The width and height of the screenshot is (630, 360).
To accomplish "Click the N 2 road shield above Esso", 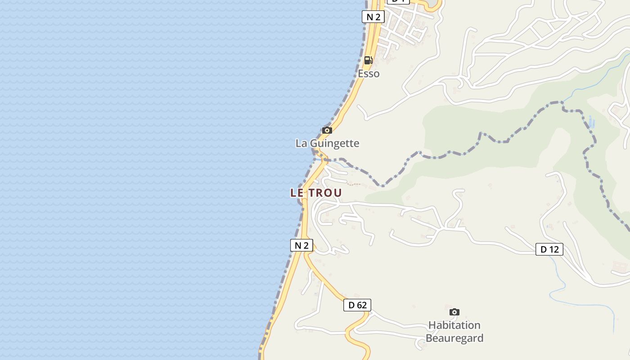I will [x=373, y=17].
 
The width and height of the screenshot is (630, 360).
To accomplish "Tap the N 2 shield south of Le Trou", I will [x=301, y=245].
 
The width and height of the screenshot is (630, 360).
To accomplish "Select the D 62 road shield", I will [x=357, y=305].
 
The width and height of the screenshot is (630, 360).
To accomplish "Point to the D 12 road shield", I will [x=549, y=249].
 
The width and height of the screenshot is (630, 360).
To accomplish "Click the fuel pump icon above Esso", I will [x=368, y=60].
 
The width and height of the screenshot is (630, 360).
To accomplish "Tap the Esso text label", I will [x=369, y=73].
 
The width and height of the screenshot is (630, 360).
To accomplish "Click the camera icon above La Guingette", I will [x=327, y=130].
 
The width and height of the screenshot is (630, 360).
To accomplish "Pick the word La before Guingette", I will [x=301, y=144].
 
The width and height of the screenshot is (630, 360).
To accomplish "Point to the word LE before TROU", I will [x=298, y=193].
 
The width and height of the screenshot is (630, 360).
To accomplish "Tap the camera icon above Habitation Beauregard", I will [x=454, y=312].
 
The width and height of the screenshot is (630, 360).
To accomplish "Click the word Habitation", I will [x=454, y=325].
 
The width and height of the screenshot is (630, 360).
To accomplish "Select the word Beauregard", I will [x=454, y=338].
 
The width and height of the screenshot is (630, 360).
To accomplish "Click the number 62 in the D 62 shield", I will [x=361, y=305].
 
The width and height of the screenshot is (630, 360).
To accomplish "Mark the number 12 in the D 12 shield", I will [x=553, y=249].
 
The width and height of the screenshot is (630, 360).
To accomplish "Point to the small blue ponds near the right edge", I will [x=591, y=121].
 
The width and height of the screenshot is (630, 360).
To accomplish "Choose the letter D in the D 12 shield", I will [x=543, y=249].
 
